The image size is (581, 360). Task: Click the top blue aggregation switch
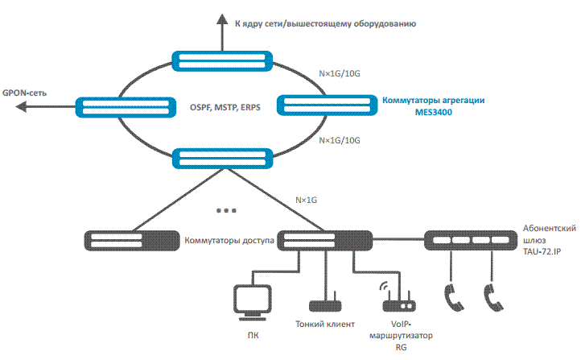click(222, 61)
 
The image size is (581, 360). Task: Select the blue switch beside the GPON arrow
click(126, 108)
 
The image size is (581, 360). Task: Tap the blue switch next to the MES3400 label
click(328, 106)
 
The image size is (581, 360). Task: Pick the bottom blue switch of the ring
click(223, 159)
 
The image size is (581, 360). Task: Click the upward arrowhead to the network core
click(222, 19)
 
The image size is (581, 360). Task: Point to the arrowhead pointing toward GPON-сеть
click(21, 107)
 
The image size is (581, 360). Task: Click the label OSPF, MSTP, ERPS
click(225, 108)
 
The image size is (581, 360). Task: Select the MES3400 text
click(434, 112)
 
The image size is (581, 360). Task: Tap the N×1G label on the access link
click(306, 200)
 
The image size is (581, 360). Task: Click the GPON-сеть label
click(24, 93)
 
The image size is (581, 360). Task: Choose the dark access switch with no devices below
click(132, 241)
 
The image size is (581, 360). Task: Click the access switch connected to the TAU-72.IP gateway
click(325, 241)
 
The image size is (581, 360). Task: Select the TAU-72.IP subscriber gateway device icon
click(471, 240)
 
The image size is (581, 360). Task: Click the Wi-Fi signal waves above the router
click(384, 286)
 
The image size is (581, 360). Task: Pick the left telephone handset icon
click(454, 298)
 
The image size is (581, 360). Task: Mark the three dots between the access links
click(226, 210)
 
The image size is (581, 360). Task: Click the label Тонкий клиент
click(325, 324)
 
